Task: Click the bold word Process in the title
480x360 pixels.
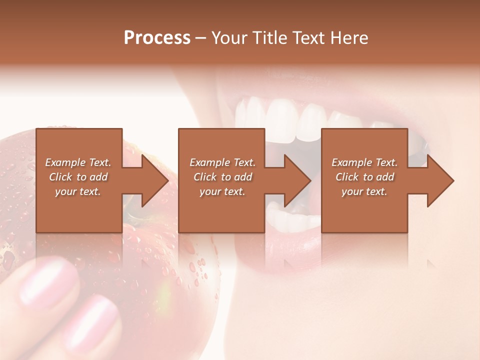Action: pyautogui.click(x=157, y=38)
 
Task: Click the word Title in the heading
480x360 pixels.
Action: pyautogui.click(x=269, y=38)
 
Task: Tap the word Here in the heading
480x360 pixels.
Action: pyautogui.click(x=348, y=38)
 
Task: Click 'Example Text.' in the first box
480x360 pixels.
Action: pyautogui.click(x=78, y=162)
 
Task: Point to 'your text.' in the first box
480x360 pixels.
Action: pyautogui.click(x=78, y=191)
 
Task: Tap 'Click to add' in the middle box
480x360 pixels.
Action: pyautogui.click(x=222, y=177)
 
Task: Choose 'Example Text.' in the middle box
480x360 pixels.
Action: pyautogui.click(x=222, y=162)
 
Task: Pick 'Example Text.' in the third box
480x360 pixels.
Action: pyautogui.click(x=364, y=162)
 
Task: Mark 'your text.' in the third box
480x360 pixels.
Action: pyautogui.click(x=364, y=191)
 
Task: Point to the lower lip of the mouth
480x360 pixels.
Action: pyautogui.click(x=280, y=250)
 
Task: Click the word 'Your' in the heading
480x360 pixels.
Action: pyautogui.click(x=231, y=38)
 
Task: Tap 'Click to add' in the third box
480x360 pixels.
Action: pyautogui.click(x=364, y=177)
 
